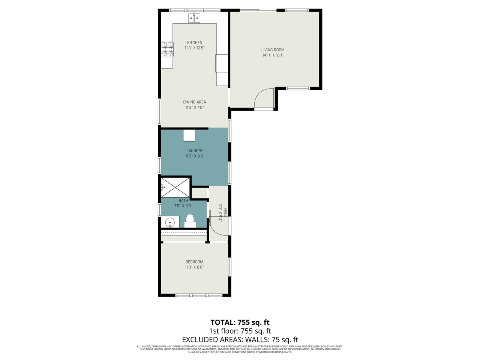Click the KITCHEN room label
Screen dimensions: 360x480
click(195, 43)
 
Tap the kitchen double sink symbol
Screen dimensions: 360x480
click(195, 18)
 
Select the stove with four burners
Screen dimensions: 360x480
click(168, 49)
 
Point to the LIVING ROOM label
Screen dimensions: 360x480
click(273, 50)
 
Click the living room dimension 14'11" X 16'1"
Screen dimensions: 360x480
click(273, 55)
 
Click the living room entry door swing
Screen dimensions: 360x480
click(265, 98)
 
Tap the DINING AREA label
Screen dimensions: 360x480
click(194, 102)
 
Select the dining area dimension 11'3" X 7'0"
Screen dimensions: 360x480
click(194, 108)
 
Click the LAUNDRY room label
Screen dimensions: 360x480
click(195, 151)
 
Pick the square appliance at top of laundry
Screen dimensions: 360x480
click(189, 135)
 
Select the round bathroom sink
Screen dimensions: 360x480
click(170, 222)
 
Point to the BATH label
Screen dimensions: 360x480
click(183, 201)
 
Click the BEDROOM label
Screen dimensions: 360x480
click(194, 262)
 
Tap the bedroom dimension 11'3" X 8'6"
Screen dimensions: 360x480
click(194, 267)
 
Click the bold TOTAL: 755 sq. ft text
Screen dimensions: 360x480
click(240, 322)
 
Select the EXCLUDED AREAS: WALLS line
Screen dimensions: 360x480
click(240, 340)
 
